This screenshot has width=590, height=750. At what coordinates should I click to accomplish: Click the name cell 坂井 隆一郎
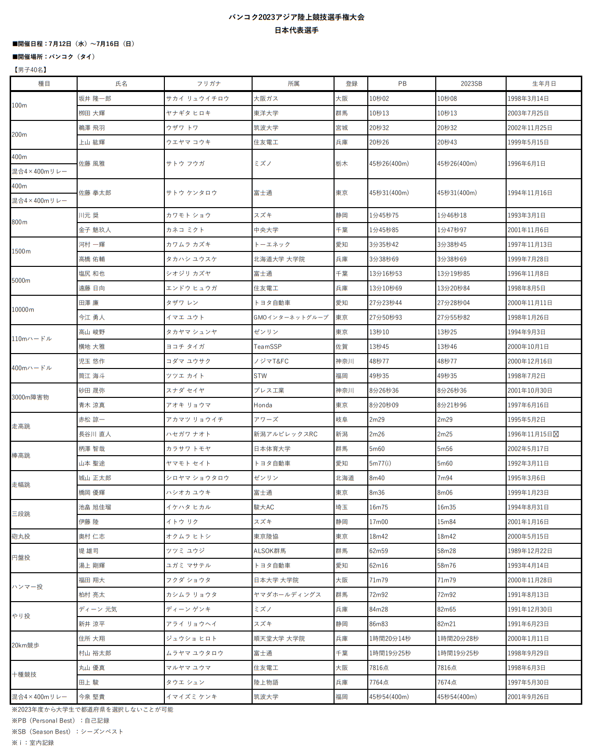tap(95, 98)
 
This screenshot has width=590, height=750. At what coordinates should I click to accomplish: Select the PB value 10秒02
tap(379, 98)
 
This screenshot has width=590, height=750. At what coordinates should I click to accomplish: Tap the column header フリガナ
tap(208, 83)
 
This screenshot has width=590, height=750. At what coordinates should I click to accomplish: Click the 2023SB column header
tap(471, 83)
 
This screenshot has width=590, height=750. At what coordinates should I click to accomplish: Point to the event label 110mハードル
tap(32, 339)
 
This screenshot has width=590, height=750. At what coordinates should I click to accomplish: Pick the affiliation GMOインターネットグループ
tap(291, 317)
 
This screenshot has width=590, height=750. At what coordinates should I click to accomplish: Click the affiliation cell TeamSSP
tap(268, 346)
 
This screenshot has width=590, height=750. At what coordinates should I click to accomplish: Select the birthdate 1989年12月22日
tap(530, 551)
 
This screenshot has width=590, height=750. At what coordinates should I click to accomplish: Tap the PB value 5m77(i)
tap(380, 463)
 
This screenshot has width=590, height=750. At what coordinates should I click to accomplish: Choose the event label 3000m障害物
tap(30, 397)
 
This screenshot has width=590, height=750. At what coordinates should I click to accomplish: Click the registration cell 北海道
tap(345, 478)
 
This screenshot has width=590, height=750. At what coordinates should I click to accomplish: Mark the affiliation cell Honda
tap(263, 405)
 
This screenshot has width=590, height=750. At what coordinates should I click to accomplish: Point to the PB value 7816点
tap(379, 668)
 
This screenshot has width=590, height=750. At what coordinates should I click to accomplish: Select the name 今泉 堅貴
tap(92, 697)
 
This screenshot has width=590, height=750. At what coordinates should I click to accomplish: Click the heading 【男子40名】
tap(30, 70)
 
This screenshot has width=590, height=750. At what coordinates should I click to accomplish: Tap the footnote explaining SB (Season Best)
tap(67, 731)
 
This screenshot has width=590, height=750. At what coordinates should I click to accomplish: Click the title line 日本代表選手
tap(296, 30)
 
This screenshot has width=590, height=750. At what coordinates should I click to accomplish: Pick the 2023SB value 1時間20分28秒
tap(458, 638)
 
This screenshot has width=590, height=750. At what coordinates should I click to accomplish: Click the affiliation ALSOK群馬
tap(269, 551)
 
